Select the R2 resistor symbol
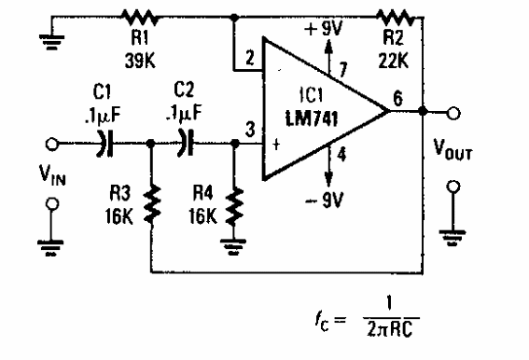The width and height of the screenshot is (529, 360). point(394,16)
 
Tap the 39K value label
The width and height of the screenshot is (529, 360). point(138,58)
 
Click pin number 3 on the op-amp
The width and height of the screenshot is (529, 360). point(249,129)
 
